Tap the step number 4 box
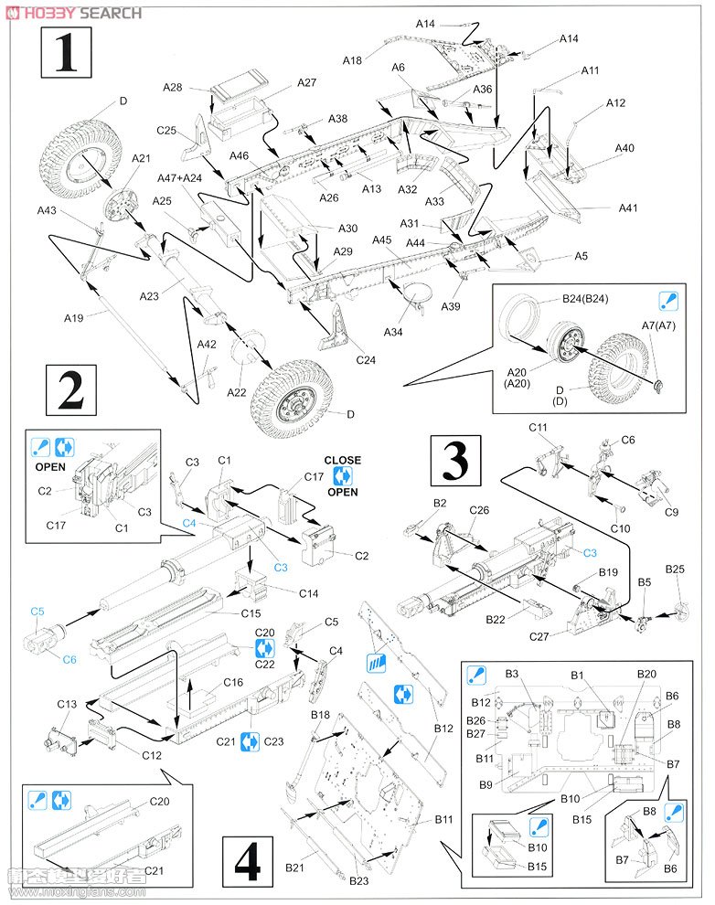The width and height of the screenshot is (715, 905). coord(247,860)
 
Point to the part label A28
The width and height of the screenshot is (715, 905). coord(172,88)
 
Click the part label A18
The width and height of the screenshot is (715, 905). coord(353,60)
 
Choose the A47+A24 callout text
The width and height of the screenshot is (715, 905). coord(179,179)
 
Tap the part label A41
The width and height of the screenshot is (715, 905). coord(627,208)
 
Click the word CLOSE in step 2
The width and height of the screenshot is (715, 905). coord(342,461)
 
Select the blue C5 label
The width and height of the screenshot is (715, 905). coord(37,612)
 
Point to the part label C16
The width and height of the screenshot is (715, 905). coord(233,682)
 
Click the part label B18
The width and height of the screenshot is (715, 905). coord(320,714)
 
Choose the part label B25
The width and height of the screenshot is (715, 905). coord(675,570)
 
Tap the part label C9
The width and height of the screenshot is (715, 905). coord(671,512)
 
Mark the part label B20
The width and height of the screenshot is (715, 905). coord(646,674)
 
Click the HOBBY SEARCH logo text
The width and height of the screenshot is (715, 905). coord(73,13)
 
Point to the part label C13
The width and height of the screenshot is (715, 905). coord(66,704)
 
